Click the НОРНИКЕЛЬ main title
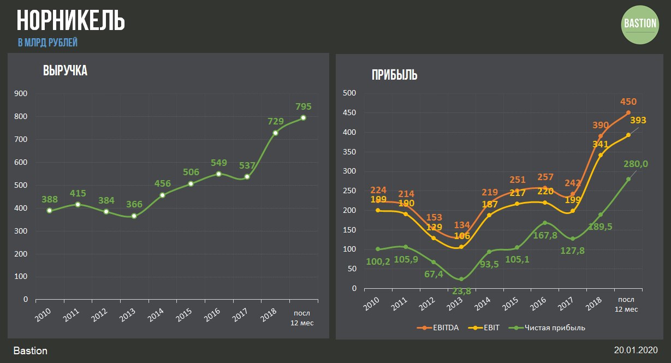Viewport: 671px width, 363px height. [71, 20]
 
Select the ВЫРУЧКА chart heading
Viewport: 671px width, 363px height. [65, 70]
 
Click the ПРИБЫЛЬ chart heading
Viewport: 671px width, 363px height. [394, 75]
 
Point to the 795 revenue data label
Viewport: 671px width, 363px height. [303, 106]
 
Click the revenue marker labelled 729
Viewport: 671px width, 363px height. [275, 133]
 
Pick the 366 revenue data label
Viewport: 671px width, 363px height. [134, 205]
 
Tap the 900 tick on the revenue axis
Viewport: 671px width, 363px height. [22, 93]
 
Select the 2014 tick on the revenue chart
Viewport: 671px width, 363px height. [156, 313]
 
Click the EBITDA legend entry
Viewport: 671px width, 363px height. [442, 328]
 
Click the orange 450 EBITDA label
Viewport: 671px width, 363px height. [628, 102]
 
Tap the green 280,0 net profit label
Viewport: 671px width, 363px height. [637, 164]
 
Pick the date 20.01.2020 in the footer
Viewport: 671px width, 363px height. [636, 350]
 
